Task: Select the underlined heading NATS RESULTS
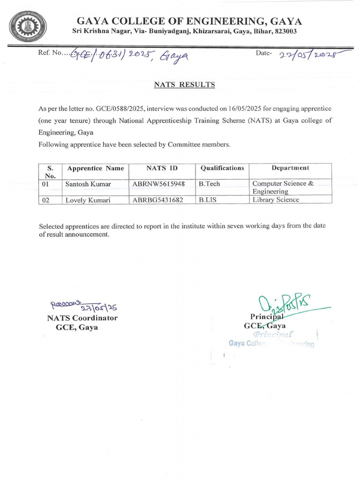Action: click(x=185, y=85)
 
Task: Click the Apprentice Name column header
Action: click(x=96, y=168)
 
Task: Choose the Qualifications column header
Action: click(x=222, y=168)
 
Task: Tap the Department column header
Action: click(x=290, y=168)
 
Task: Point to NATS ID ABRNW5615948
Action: click(x=158, y=184)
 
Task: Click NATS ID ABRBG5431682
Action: click(x=158, y=200)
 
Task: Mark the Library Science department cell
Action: click(x=276, y=200)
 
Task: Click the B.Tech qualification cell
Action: click(x=209, y=184)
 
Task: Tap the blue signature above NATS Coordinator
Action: click(x=82, y=306)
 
